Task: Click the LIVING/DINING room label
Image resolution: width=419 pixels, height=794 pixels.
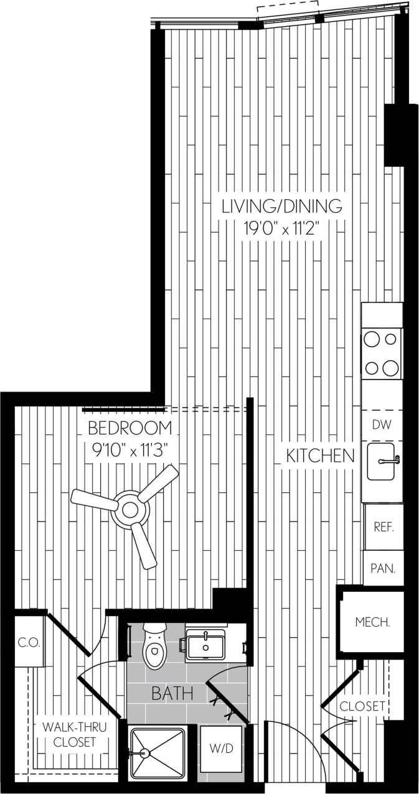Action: tap(283, 205)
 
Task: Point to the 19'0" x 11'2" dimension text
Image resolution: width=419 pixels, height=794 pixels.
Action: tap(283, 228)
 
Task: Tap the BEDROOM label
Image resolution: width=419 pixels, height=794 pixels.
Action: tap(129, 428)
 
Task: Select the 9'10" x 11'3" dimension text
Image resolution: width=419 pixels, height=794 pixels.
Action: tap(129, 449)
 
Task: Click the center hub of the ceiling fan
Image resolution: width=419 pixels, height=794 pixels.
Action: tap(130, 509)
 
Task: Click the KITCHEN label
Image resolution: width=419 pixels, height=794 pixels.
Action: tap(320, 455)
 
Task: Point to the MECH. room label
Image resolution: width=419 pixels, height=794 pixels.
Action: tap(372, 622)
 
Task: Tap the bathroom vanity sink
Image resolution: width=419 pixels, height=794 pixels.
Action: tap(205, 645)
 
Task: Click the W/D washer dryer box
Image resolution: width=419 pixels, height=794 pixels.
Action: tap(220, 749)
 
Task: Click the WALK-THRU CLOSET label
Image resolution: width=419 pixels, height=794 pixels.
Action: tap(75, 734)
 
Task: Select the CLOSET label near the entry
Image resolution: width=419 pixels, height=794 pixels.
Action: tap(362, 706)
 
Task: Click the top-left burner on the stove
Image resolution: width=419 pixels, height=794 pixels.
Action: tap(372, 339)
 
